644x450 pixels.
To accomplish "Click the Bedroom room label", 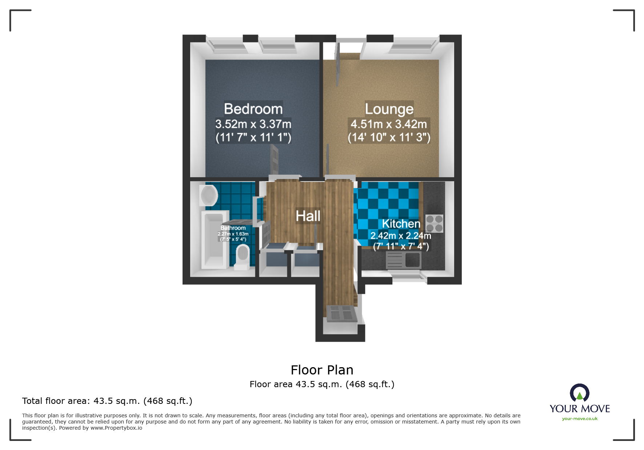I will click(253, 109).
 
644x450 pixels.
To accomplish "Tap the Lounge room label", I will click(389, 109).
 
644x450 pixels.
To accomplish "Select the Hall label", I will click(308, 216).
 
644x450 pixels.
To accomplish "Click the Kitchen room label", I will click(401, 224).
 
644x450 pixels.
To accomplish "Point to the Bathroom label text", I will click(233, 228).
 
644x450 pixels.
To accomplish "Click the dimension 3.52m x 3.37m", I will click(253, 124).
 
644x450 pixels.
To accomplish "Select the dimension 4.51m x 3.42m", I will click(389, 124).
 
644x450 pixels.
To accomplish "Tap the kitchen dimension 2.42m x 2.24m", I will click(400, 236).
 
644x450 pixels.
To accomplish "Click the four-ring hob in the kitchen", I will click(434, 223).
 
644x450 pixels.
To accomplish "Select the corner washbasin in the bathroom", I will click(208, 195).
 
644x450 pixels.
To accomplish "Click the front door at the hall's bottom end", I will click(341, 313).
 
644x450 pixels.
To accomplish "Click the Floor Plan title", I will click(322, 370).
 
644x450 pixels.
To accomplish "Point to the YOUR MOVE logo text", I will click(579, 409).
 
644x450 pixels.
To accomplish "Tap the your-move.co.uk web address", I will click(579, 419).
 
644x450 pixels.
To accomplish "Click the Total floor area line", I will click(107, 401).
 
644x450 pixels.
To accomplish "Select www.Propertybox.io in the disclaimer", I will click(116, 428).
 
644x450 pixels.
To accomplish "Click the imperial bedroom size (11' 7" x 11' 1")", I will click(253, 138).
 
